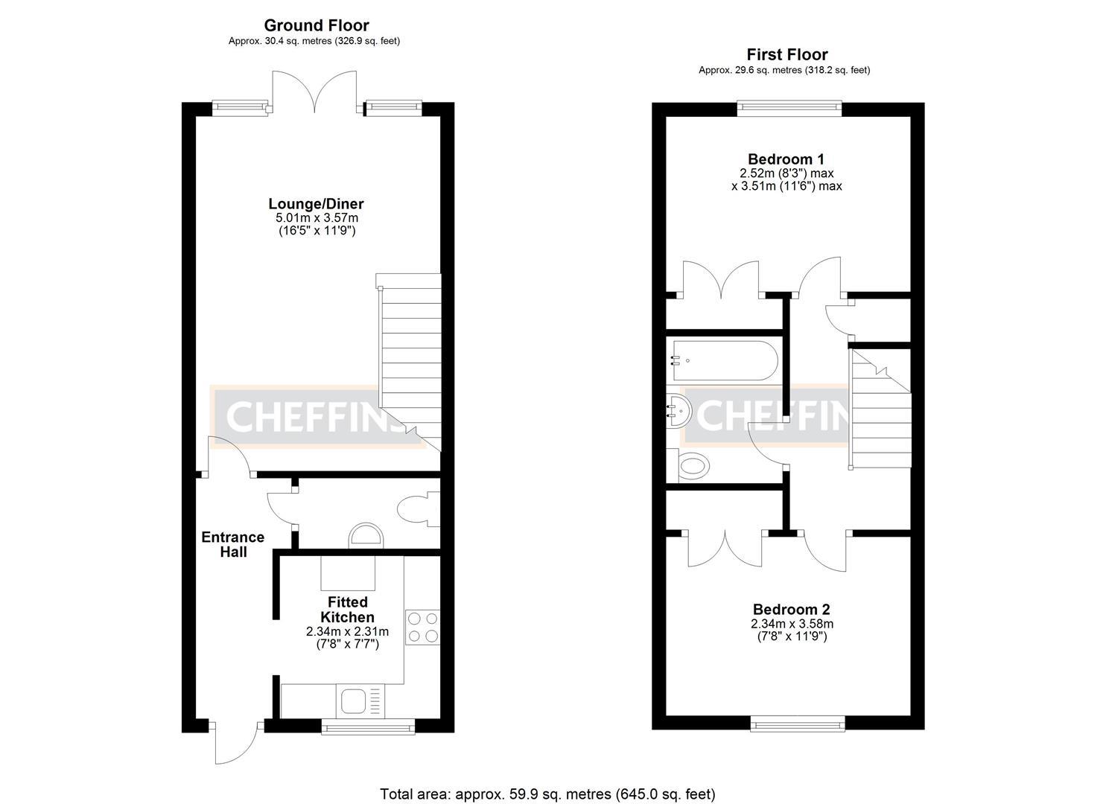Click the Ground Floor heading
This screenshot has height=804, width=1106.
(316, 26)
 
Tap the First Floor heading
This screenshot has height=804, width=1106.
(786, 54)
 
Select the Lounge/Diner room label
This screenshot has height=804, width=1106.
(316, 204)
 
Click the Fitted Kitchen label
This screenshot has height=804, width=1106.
(347, 609)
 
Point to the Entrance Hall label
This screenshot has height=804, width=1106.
(232, 544)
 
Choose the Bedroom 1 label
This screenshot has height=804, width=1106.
(786, 159)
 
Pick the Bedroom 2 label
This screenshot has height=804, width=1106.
(791, 609)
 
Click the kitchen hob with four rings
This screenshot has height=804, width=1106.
(422, 626)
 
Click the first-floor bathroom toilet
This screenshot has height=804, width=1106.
(693, 466)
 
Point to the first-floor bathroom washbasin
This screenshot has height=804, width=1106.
(678, 410)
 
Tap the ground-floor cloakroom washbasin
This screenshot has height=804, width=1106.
(366, 535)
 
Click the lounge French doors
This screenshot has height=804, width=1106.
(314, 93)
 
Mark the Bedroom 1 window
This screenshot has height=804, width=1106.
(789, 109)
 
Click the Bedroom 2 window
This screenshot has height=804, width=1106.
(797, 722)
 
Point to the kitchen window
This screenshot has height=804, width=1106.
(368, 726)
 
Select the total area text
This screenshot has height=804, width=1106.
(547, 794)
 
